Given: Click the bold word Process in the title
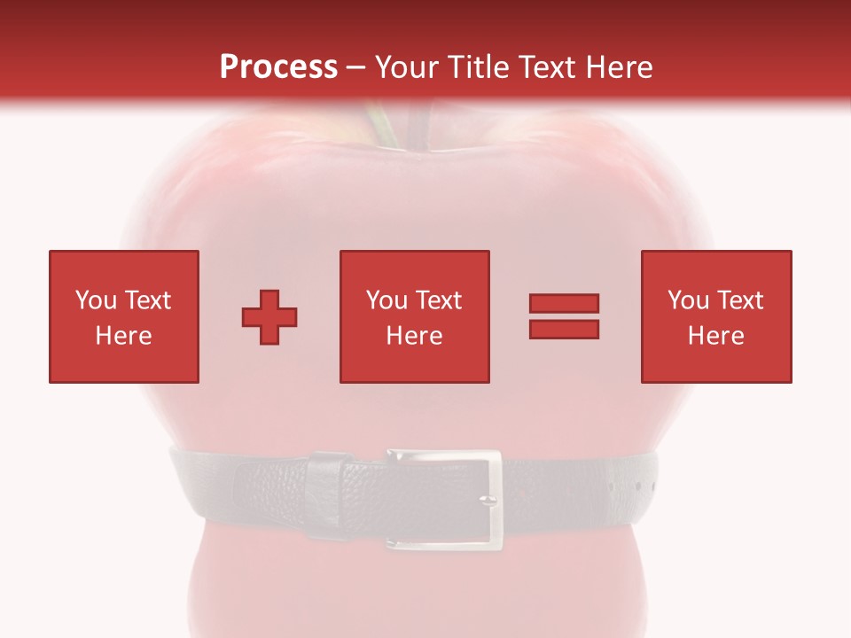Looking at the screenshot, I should [x=278, y=67].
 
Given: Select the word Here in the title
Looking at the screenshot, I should [x=620, y=67].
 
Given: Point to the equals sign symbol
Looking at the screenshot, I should [x=564, y=316].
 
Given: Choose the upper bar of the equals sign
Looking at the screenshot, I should [x=564, y=304].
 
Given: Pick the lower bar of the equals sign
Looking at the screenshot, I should [x=564, y=329].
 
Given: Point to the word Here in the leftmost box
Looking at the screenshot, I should [x=123, y=336].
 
